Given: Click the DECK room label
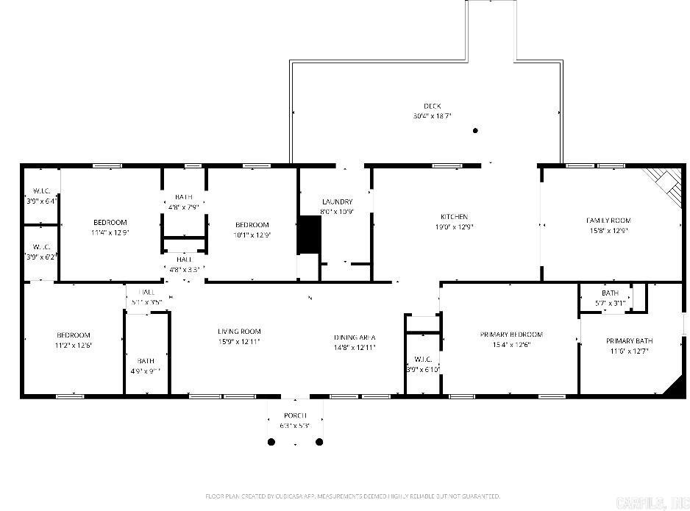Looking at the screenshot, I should (432, 106).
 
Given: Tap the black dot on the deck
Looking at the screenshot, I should (475, 131).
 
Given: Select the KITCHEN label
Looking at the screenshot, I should (454, 217).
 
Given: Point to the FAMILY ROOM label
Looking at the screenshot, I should (608, 221).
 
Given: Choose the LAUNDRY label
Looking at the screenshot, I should (337, 201).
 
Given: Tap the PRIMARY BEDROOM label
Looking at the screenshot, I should (505, 335).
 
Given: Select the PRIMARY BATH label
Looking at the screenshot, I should (629, 341).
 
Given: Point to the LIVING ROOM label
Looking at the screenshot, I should (239, 332).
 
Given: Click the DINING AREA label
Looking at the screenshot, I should (355, 337).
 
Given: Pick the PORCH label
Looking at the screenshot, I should (295, 415).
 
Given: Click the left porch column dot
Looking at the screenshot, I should (271, 442).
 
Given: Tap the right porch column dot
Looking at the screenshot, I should (319, 442).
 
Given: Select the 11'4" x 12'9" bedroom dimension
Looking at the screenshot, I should (110, 232).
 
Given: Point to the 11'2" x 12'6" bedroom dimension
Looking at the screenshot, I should (74, 345).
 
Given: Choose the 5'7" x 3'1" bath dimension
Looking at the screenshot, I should (610, 303).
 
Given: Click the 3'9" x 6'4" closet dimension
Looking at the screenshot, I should (41, 201).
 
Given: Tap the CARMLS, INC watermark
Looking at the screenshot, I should (653, 503).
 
